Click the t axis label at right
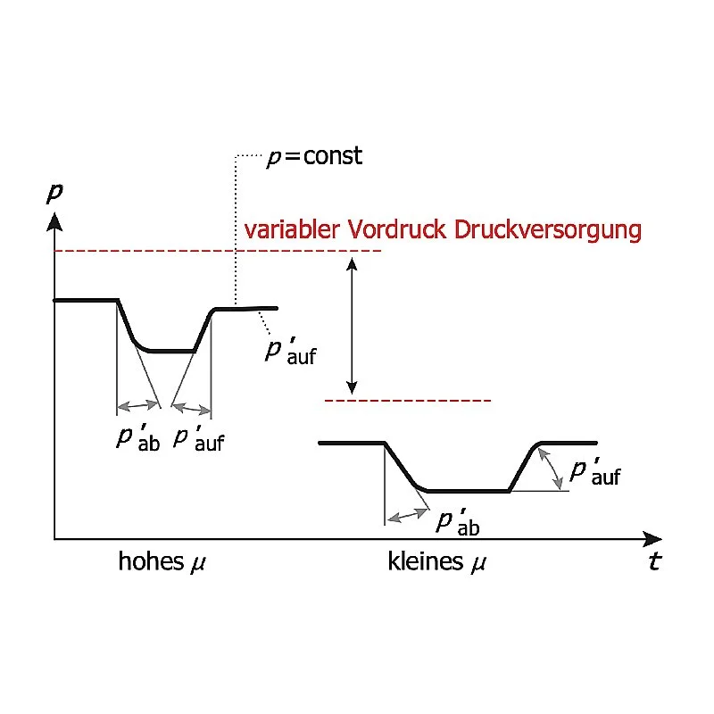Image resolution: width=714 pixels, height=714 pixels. pyautogui.click(x=655, y=563)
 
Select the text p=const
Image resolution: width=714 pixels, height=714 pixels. pyautogui.click(x=315, y=156)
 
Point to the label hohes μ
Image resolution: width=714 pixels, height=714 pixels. pyautogui.click(x=168, y=562)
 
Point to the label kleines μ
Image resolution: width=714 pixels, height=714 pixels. pyautogui.click(x=438, y=562)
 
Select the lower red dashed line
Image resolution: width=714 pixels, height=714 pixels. pyautogui.click(x=408, y=400)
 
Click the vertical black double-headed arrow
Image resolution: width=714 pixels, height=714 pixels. pyautogui.click(x=353, y=326)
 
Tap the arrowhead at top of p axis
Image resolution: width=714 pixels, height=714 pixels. pyautogui.click(x=54, y=218)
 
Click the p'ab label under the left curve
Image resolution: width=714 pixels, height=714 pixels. pyautogui.click(x=137, y=438)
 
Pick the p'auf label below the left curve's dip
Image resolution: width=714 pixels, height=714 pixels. pyautogui.click(x=198, y=438)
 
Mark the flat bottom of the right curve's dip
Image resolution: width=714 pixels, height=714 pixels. pyautogui.click(x=469, y=491)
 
